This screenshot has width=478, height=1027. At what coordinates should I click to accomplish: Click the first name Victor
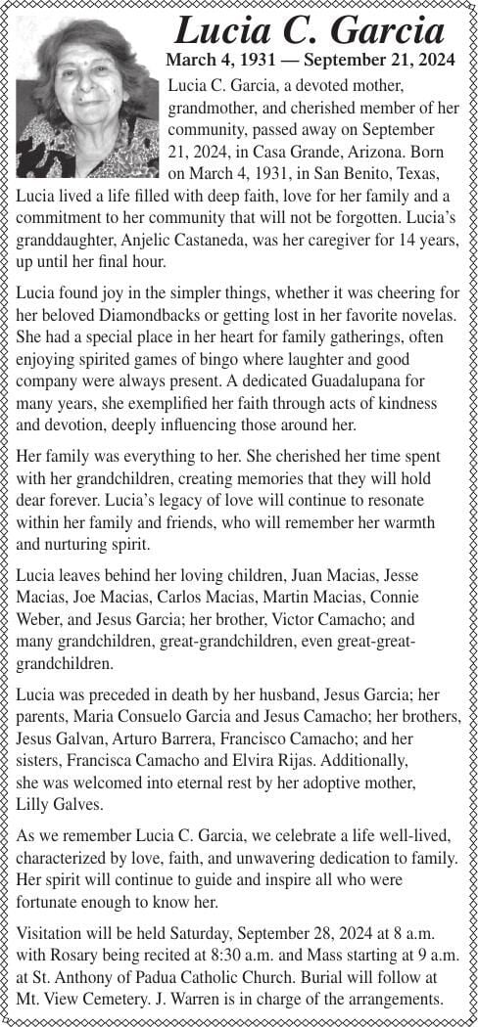[x=288, y=618]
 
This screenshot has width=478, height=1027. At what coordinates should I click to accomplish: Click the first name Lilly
[x=36, y=805]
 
